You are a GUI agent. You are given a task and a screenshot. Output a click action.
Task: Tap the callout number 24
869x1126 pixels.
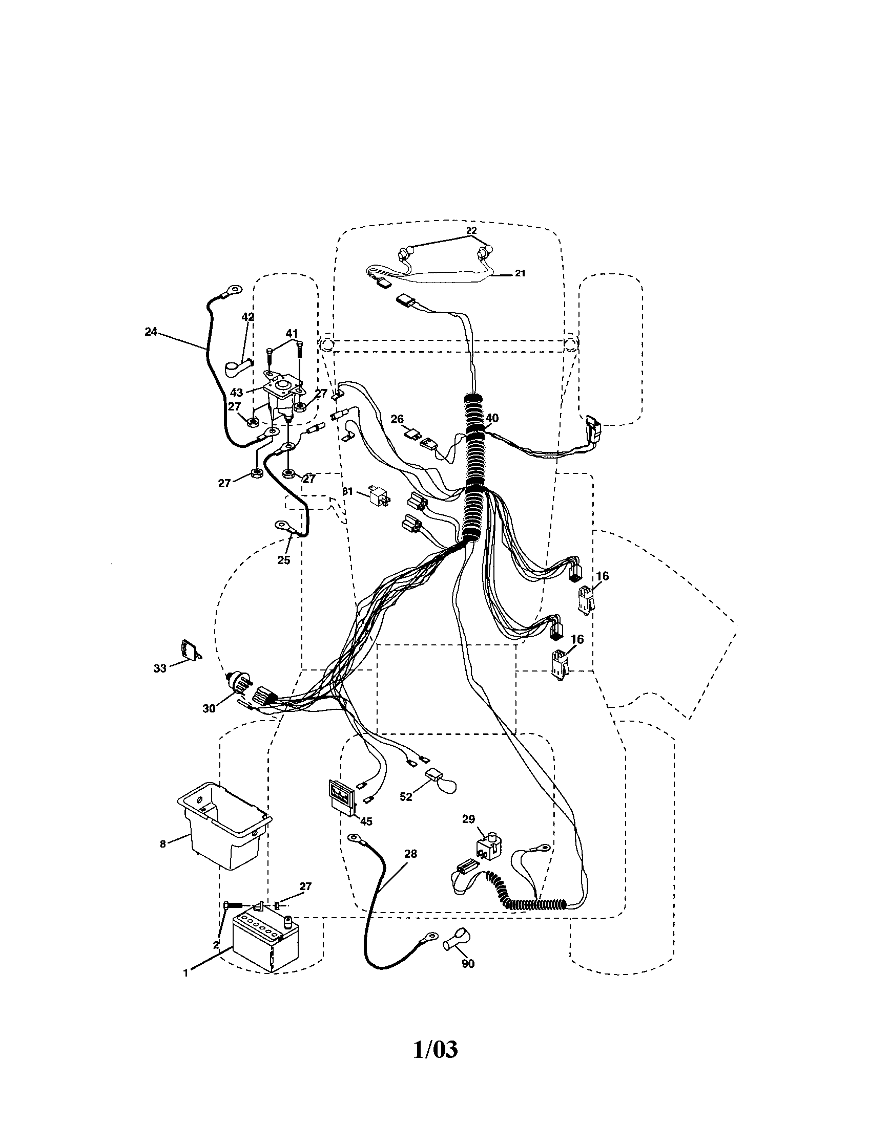point(151,332)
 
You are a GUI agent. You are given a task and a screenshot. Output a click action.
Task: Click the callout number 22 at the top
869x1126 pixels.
point(471,230)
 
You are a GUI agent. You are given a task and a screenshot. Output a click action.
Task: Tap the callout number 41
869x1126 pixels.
point(293,333)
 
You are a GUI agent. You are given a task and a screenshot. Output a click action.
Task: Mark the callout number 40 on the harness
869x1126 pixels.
point(492,418)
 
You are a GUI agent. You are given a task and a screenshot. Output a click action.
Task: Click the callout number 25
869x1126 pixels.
point(284,560)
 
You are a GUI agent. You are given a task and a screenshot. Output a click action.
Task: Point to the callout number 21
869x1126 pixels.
point(520,273)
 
